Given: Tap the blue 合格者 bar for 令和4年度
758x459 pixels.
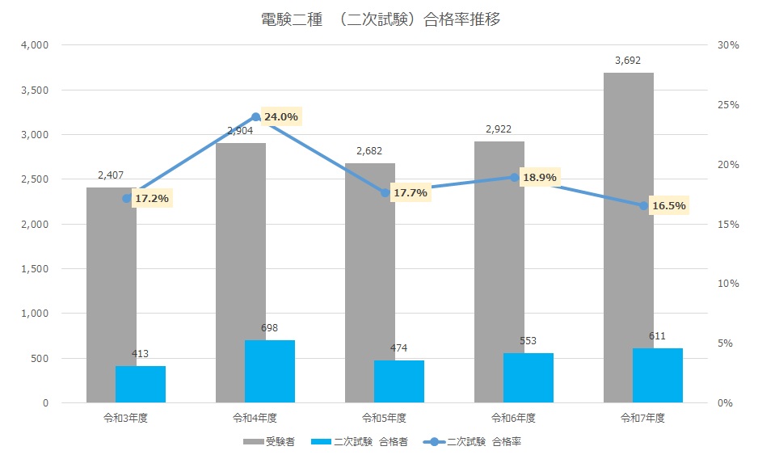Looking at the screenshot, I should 270,371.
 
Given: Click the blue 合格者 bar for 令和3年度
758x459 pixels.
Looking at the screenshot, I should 141,384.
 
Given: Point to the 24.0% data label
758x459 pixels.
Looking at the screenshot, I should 281,117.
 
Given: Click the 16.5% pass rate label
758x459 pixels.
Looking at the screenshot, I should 668,206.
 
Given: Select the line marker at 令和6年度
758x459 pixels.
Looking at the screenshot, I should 515,177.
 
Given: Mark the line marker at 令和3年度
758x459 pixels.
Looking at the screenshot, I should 127,198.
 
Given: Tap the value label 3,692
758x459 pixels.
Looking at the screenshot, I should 628,60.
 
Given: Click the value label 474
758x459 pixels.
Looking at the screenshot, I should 399,348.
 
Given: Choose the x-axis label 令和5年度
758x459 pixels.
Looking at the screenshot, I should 384,418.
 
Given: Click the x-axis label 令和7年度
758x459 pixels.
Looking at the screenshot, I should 642,418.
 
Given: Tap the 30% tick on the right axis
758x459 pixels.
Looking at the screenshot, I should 728,45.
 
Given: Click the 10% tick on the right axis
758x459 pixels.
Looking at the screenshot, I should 728,284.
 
